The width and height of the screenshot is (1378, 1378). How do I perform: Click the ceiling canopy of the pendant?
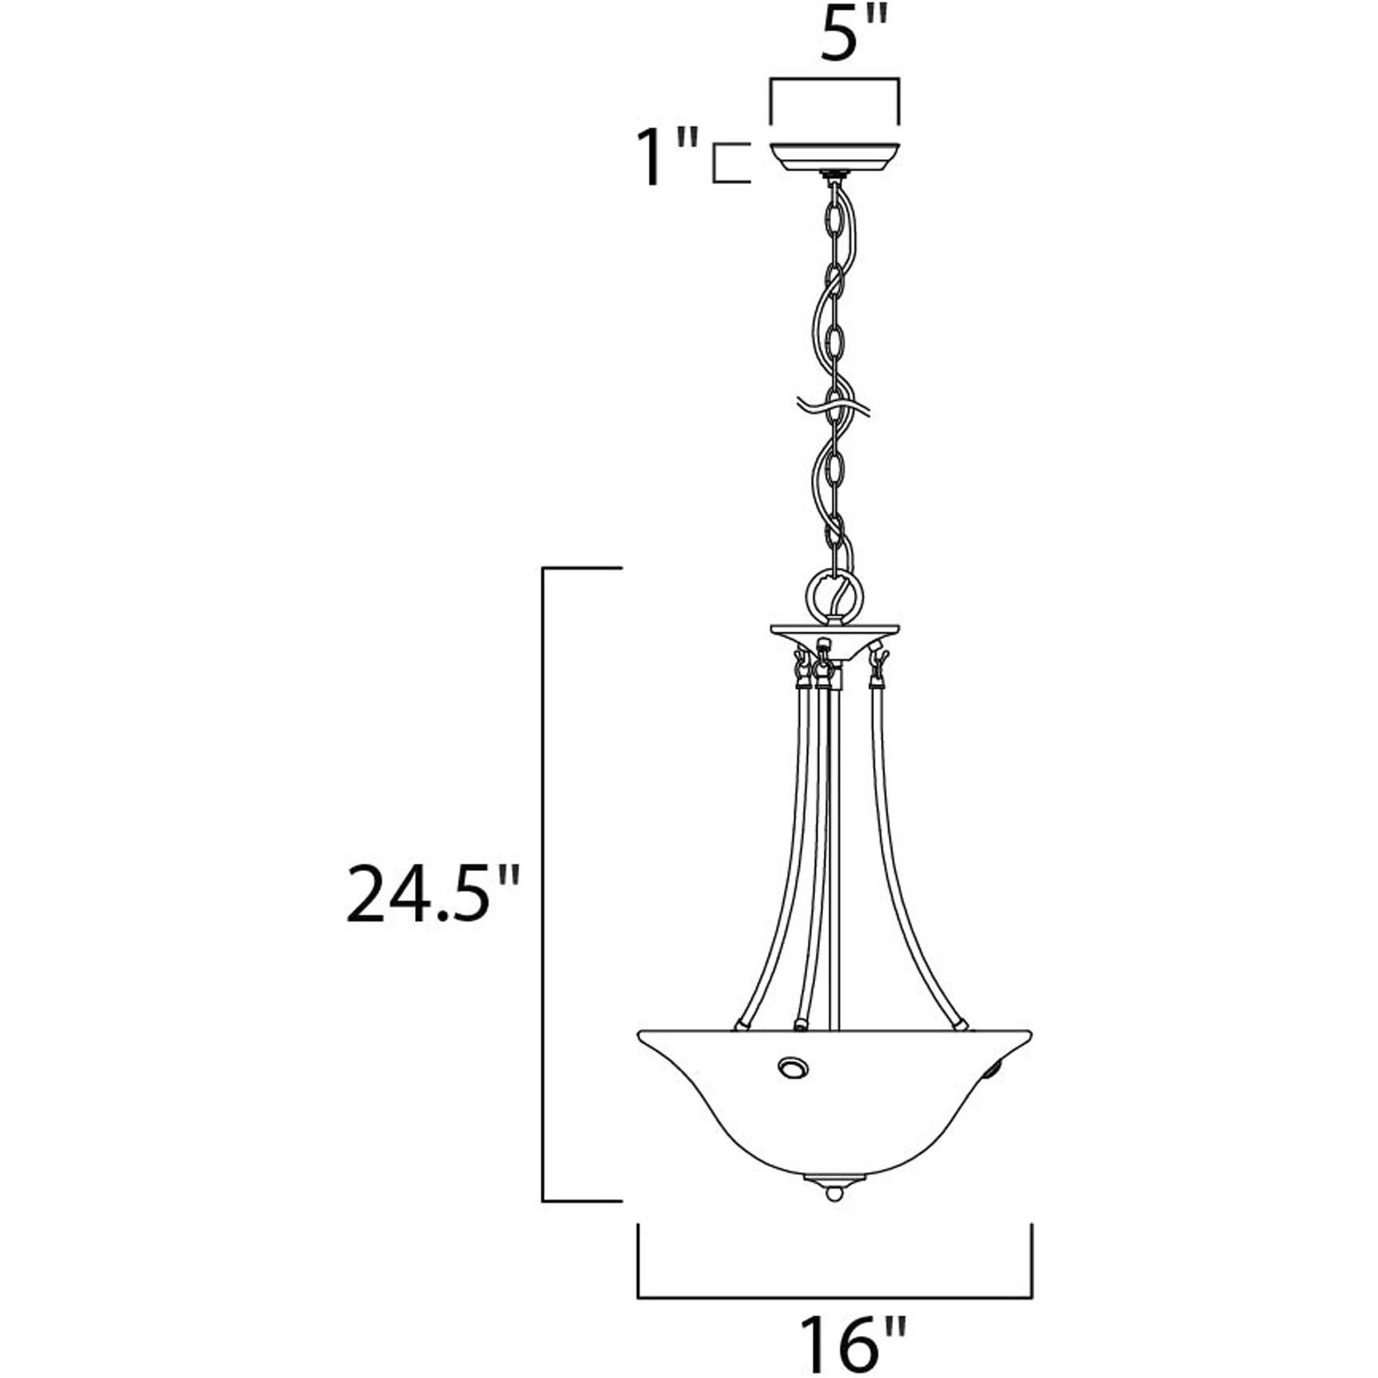tap(834, 158)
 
